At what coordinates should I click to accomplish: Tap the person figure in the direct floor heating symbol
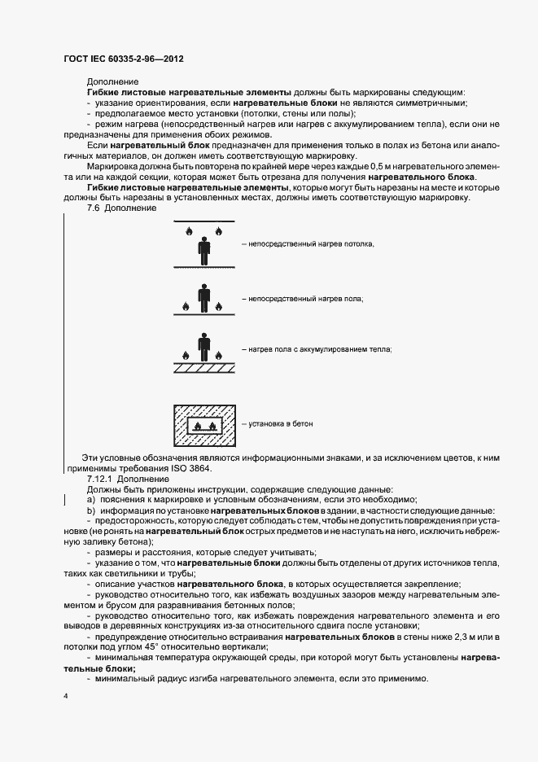(x=204, y=297)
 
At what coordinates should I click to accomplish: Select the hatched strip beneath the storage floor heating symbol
(x=204, y=368)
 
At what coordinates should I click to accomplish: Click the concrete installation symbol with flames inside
(x=204, y=425)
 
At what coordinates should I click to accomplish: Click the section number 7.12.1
(x=99, y=480)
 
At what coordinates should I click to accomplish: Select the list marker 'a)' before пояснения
(x=91, y=499)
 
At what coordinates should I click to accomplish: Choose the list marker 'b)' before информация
(x=91, y=510)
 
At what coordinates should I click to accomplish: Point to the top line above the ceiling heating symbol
(x=204, y=222)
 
